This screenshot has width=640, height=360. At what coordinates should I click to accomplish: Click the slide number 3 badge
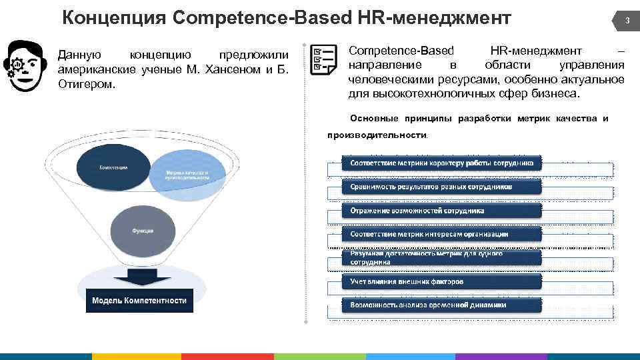pyautogui.click(x=626, y=21)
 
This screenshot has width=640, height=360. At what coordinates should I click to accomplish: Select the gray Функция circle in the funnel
pyautogui.click(x=143, y=230)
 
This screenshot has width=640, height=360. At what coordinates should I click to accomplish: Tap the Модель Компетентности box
pyautogui.click(x=139, y=300)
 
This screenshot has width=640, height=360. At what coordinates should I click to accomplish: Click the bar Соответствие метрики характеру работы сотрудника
pyautogui.click(x=441, y=163)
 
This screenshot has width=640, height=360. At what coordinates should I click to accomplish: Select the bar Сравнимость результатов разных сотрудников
pyautogui.click(x=441, y=187)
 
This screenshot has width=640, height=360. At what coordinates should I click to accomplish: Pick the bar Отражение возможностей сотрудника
pyautogui.click(x=441, y=211)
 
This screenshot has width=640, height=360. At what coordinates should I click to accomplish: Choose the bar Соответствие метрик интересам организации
pyautogui.click(x=441, y=234)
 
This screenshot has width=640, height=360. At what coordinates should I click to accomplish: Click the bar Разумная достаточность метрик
pyautogui.click(x=441, y=258)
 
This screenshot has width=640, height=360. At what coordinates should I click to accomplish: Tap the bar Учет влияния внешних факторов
pyautogui.click(x=441, y=281)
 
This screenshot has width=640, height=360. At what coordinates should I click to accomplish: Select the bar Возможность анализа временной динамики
pyautogui.click(x=441, y=305)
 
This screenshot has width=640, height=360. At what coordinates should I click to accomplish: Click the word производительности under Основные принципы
pyautogui.click(x=377, y=135)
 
